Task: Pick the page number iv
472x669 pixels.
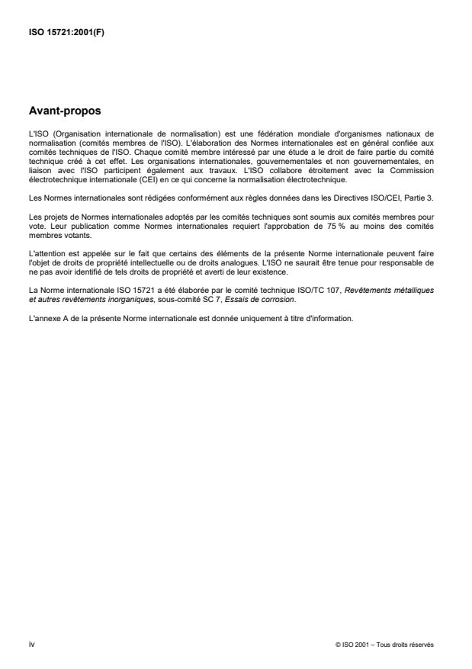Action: click(31, 645)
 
